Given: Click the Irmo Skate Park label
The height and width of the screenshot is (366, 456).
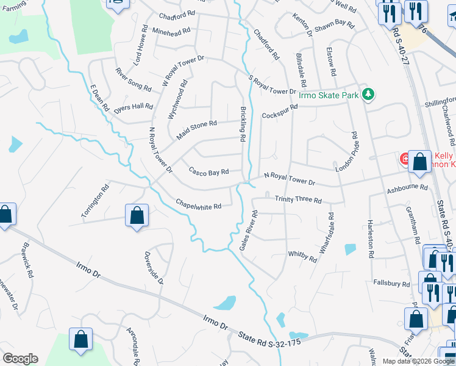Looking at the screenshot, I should tap(328, 95).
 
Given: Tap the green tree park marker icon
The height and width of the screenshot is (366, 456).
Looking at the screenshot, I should tap(368, 94).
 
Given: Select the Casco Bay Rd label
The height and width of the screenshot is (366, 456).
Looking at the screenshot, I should tap(208, 171).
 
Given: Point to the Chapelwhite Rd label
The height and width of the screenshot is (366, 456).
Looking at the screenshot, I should tap(198, 203).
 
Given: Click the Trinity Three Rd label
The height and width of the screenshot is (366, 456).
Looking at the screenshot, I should tap(297, 199).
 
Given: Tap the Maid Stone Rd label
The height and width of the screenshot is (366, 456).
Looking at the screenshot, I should tap(196, 131).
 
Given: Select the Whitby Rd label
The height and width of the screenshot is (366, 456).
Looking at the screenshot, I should tap(302, 257).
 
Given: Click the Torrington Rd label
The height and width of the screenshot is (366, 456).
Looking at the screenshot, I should tap(94, 199).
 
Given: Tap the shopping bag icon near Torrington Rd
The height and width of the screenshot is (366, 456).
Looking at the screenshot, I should tap(137, 215).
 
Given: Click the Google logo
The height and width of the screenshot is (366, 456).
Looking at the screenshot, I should tap(20, 359).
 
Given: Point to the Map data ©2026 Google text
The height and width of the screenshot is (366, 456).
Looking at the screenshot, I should tap(418, 361).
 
